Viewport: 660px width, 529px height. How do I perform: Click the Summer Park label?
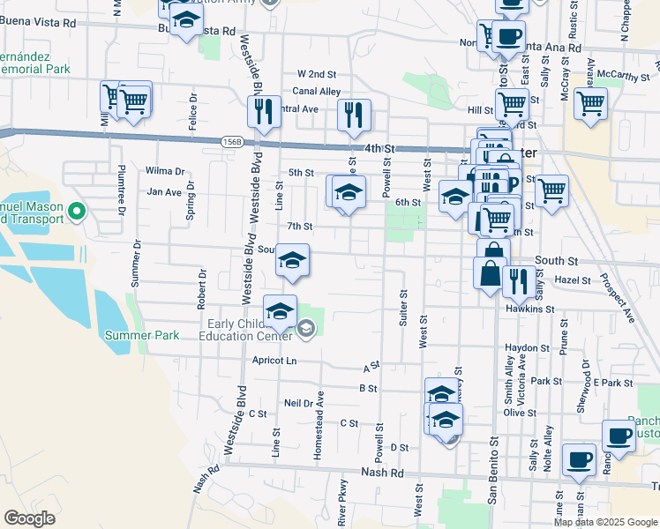point(141,335)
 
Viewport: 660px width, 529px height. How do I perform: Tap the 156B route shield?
point(233,141)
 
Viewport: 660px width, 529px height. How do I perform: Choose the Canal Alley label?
point(317,91)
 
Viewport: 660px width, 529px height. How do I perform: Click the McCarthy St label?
point(623,77)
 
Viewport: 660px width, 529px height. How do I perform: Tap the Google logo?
point(30,518)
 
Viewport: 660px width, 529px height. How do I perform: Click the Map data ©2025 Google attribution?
point(604,522)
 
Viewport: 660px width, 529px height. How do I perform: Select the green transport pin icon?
point(76,211)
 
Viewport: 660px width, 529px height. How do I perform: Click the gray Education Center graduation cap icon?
point(305,329)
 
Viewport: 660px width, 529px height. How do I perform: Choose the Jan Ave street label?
point(164,191)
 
